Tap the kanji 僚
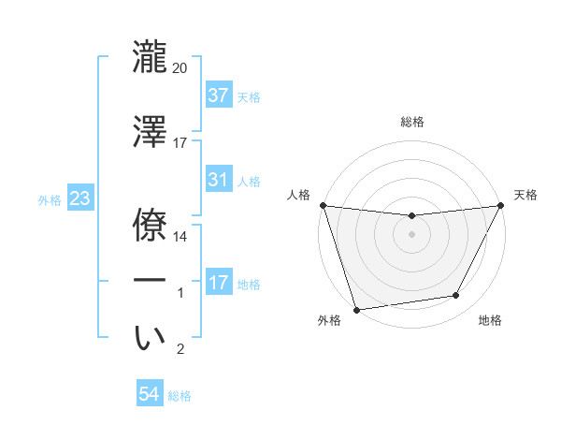point(151,222)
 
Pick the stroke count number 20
point(180,68)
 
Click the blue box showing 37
point(219,95)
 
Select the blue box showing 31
point(219,180)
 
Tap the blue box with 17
point(219,283)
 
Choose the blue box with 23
point(79,198)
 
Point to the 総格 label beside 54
point(180,396)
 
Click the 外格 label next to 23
point(50,199)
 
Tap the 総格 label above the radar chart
point(412,122)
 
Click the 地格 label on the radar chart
point(490,320)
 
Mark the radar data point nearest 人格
point(323,205)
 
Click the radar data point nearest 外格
point(356,309)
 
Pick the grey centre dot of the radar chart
point(411,234)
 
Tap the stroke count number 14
point(180,237)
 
